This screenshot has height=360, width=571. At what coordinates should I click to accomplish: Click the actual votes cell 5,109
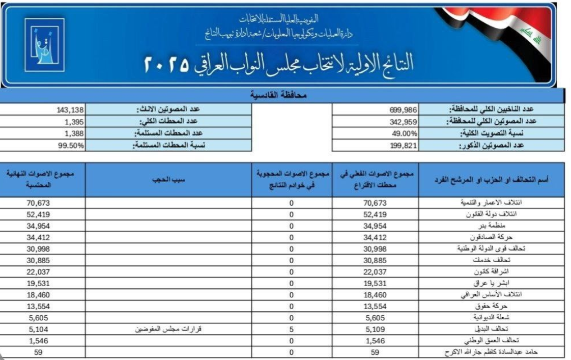tap(376, 329)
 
